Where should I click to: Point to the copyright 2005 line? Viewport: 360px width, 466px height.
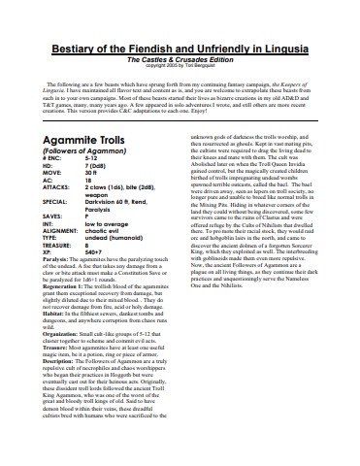(x=179, y=68)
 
